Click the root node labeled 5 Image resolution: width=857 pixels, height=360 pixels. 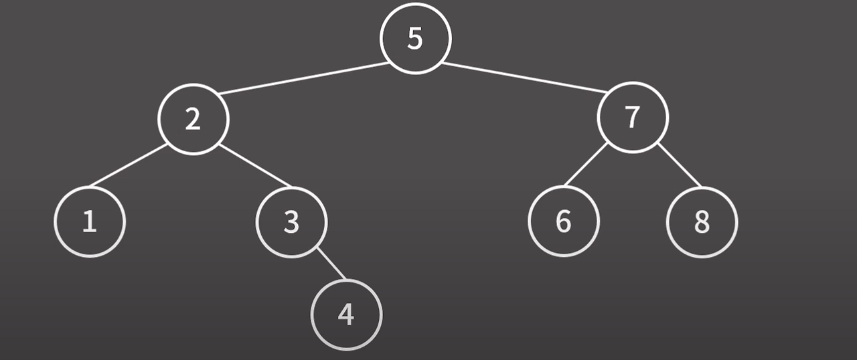(x=415, y=39)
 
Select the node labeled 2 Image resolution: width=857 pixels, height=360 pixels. (x=193, y=119)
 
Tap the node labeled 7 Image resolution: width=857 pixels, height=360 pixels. (x=633, y=117)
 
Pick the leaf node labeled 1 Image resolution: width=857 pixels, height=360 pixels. (x=90, y=221)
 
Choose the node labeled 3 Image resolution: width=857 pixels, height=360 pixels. (x=291, y=221)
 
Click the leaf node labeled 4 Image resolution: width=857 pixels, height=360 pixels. (x=346, y=314)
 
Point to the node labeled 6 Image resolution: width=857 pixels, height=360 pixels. (x=564, y=221)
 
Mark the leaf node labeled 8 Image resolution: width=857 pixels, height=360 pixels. (x=702, y=221)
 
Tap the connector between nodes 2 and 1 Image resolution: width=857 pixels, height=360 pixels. (x=129, y=165)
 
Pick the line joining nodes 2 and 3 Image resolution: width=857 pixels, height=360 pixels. (x=255, y=165)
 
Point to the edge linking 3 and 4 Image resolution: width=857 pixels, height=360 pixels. (x=331, y=264)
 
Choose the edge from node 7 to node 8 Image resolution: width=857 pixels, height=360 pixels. (x=679, y=165)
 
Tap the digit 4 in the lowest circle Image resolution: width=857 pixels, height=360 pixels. (x=346, y=314)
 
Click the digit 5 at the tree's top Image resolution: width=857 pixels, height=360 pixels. (x=415, y=39)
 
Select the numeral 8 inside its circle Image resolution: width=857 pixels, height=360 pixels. (x=702, y=221)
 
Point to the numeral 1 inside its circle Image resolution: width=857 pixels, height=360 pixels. (x=90, y=221)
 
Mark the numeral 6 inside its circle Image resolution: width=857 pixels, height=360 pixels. (x=564, y=221)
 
